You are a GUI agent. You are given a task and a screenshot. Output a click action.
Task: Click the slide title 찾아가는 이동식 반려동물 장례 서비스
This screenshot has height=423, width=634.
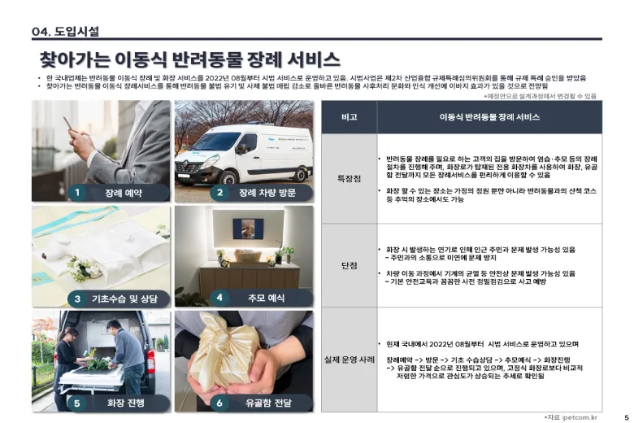[189, 60]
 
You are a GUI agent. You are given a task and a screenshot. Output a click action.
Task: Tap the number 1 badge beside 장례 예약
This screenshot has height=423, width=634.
[76, 193]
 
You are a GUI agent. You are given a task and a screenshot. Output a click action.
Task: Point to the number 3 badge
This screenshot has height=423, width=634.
[76, 298]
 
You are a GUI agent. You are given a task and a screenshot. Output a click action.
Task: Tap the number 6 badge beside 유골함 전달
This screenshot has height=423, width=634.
[219, 402]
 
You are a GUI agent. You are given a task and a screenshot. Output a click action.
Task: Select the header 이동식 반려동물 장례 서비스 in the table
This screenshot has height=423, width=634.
[489, 117]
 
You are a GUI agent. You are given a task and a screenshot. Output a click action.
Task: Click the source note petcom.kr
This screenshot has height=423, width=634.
[573, 416]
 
